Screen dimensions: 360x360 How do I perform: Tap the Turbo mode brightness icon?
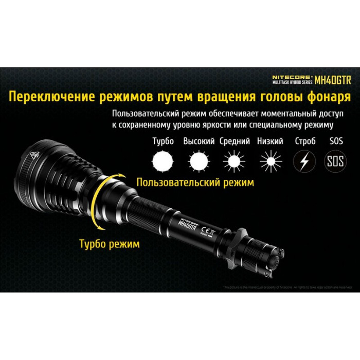[163, 162]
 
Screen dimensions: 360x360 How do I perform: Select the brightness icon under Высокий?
[199, 162]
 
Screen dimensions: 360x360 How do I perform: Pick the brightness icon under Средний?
[234, 162]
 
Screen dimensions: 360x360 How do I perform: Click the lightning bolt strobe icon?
[303, 162]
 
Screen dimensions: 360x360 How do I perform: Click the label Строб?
[302, 141]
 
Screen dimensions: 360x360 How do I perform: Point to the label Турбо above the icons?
[163, 141]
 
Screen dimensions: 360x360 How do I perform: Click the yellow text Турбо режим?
[109, 244]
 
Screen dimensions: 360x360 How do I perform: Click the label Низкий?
[269, 141]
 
